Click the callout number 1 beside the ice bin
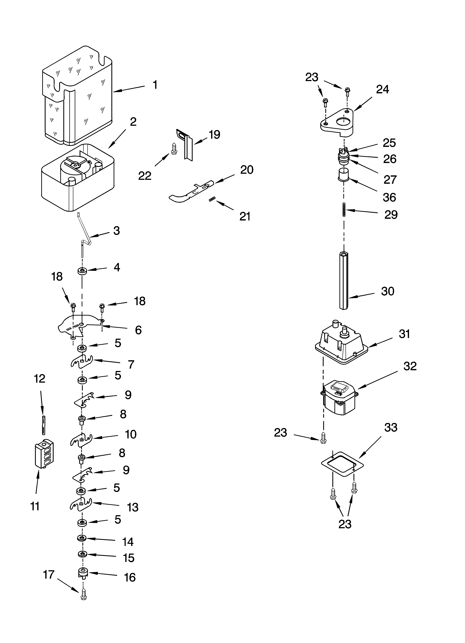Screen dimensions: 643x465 tap(155, 85)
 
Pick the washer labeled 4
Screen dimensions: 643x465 tap(82, 271)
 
